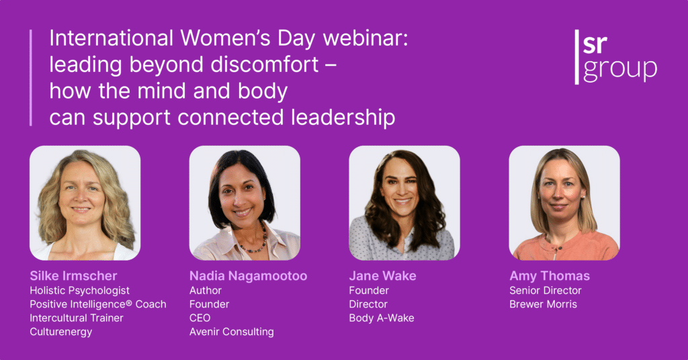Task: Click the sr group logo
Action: click(615, 56)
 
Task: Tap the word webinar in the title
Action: click(373, 39)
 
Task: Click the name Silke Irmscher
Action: click(73, 276)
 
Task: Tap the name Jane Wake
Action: click(382, 276)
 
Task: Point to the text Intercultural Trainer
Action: click(77, 318)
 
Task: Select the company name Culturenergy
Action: click(60, 332)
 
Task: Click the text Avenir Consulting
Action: click(231, 332)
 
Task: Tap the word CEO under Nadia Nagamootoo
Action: click(200, 318)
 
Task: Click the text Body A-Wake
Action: click(381, 318)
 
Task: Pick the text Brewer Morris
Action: click(543, 304)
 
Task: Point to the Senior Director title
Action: click(546, 291)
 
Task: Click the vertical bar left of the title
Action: click(30, 77)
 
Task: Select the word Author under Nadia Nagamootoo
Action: click(205, 291)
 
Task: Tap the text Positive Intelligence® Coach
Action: click(97, 304)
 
